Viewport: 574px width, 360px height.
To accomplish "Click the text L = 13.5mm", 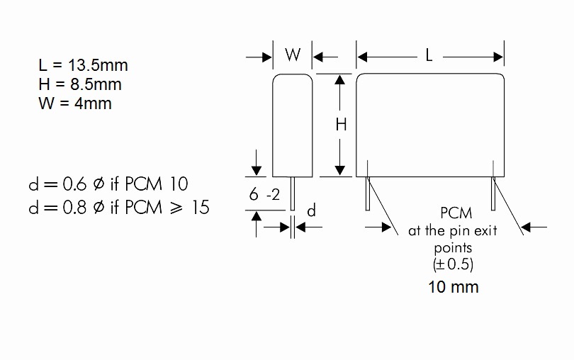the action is point(83,65).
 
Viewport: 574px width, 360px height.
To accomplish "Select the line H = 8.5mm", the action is point(80,84).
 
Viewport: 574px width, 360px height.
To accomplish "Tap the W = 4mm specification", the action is point(75,103).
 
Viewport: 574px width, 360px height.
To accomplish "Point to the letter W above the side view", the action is point(293,55).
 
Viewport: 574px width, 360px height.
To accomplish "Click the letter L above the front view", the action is point(429,55).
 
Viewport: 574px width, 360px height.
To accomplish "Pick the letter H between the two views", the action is point(341,125).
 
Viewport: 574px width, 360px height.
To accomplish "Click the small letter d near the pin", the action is point(311,210).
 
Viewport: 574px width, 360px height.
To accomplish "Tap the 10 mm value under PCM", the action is point(454,287).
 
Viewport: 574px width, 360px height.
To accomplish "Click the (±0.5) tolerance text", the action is point(454,264).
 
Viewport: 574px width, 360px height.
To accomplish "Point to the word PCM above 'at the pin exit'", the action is point(456,213).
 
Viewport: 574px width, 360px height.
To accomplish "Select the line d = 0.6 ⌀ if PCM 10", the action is point(108,184).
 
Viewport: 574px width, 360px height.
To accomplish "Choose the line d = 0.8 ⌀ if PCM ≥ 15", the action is point(119,208).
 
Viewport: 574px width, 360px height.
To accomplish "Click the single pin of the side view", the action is point(293,193).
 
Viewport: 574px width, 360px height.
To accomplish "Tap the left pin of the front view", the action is point(368,193).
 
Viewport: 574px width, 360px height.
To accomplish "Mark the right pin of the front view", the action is point(493,193).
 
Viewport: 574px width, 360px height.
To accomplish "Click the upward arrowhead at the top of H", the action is point(340,80).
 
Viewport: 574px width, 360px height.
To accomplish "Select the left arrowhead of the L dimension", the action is point(362,57).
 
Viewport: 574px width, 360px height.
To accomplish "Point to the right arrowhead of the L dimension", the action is point(498,57).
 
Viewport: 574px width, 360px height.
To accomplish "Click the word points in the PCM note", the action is point(454,248).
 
